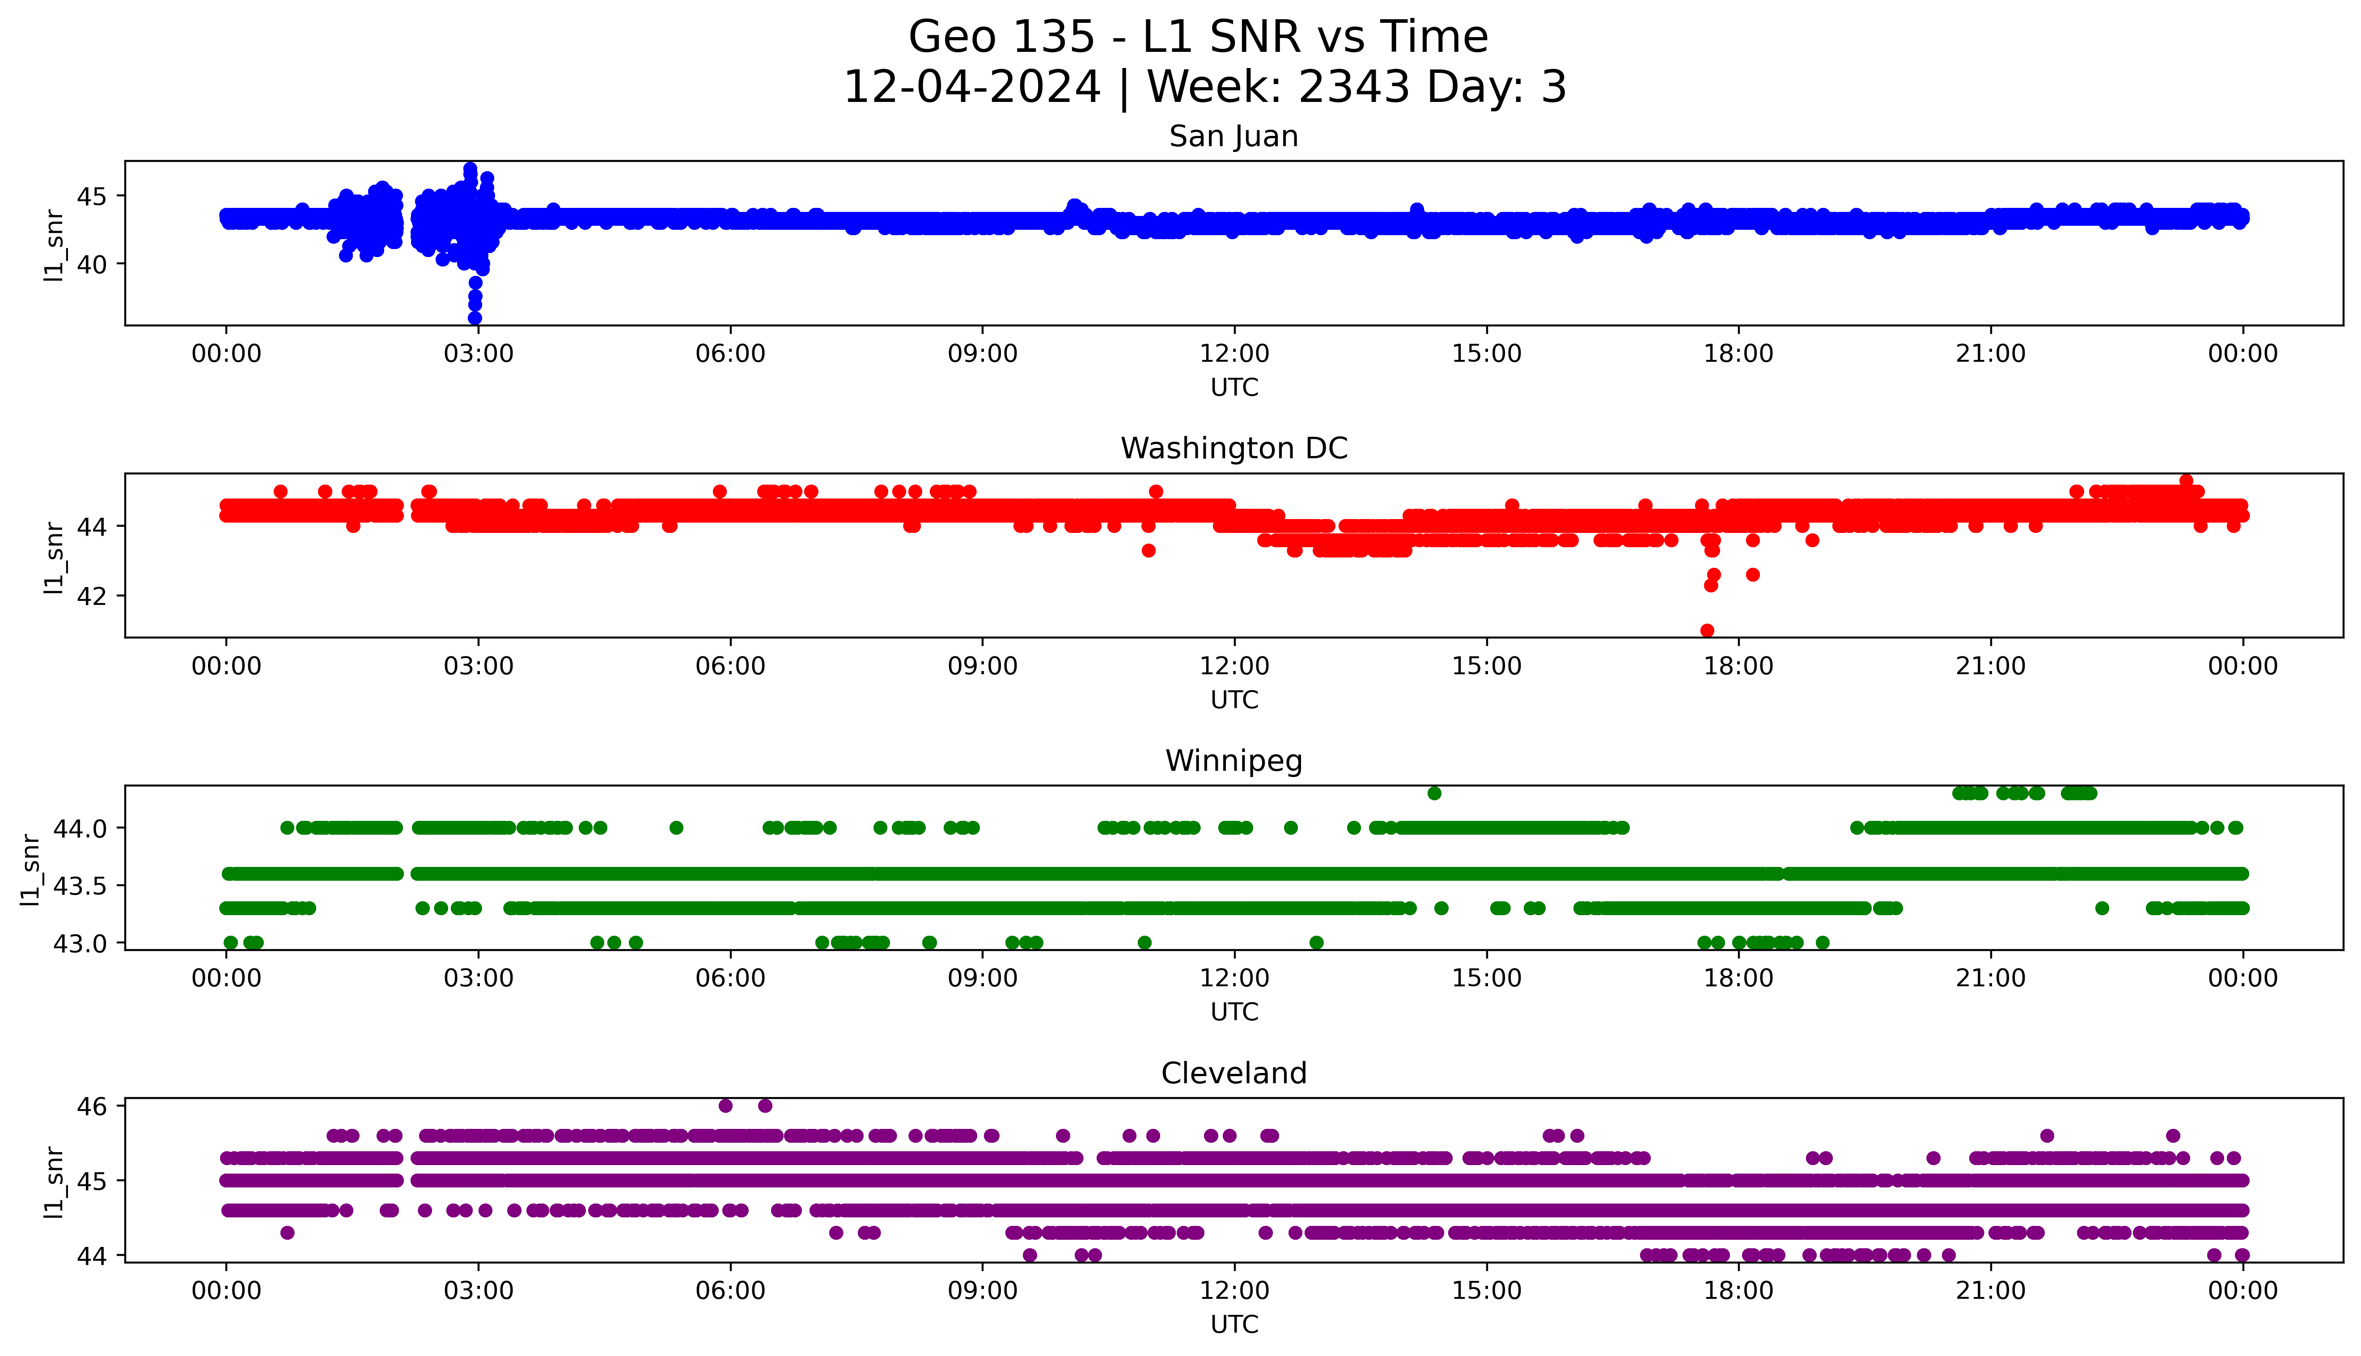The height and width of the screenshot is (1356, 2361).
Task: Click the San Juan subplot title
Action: point(1233,137)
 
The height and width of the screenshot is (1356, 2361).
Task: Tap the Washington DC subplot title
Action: point(1233,449)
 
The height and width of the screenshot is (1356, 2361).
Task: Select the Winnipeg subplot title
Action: point(1233,761)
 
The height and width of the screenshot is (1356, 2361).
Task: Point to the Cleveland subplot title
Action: point(1233,1074)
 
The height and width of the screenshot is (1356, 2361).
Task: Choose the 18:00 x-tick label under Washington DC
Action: point(1738,666)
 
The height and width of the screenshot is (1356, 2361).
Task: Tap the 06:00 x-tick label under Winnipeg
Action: point(730,978)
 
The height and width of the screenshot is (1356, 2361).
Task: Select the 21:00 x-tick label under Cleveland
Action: point(1990,1291)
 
